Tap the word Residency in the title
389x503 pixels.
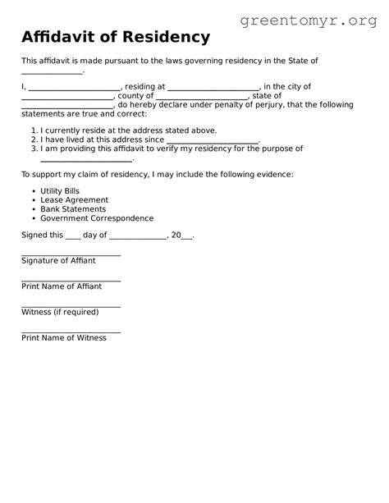169,37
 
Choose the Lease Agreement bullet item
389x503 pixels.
74,199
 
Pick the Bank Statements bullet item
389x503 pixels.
72,209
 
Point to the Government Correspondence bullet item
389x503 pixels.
97,218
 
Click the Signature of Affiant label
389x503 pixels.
58,260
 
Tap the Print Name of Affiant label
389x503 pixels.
62,286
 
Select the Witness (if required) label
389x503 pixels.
60,312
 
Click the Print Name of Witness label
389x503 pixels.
64,338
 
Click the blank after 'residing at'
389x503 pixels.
213,88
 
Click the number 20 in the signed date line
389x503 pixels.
175,235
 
